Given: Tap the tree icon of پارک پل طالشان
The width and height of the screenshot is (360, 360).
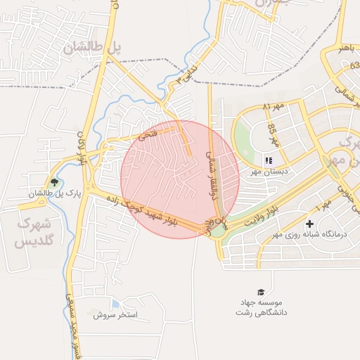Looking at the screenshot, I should click(54, 182).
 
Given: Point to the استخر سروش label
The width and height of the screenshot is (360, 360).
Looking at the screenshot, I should click(118, 315).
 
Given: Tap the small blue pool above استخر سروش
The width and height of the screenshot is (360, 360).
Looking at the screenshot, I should click(115, 304).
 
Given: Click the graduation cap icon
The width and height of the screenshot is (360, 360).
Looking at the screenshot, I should click(262, 292).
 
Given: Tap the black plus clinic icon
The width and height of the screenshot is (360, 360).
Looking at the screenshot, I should click(309, 224).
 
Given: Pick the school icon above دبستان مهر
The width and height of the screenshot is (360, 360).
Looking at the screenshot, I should click(268, 160).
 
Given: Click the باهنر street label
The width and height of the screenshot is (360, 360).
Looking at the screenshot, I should click(345, 48).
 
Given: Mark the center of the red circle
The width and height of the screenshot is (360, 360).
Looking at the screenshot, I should click(180, 179).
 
